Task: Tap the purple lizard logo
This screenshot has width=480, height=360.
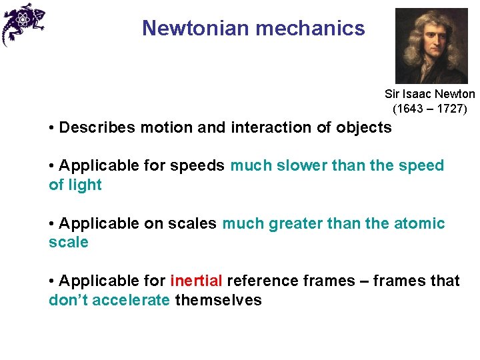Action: point(22,24)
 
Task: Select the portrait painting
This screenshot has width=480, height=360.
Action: point(431,45)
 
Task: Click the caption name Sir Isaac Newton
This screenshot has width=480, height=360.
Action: point(430,95)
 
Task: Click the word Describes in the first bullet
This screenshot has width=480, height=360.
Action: point(93,127)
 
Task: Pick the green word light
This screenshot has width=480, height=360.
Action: point(85,185)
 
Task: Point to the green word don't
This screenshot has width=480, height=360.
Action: point(68,300)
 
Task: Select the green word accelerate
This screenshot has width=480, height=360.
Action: point(131,300)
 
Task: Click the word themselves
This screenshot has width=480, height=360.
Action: point(218,300)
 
